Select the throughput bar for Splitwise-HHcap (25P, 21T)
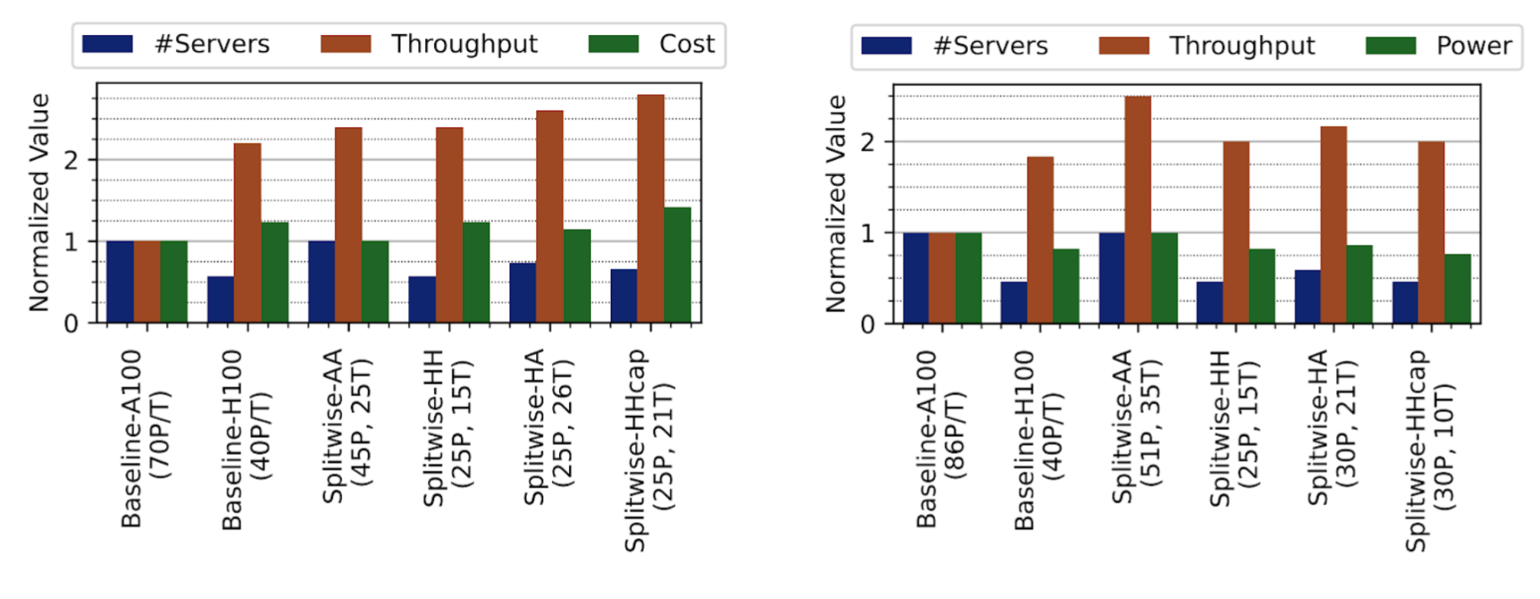tap(650, 209)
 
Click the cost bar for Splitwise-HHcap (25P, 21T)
tap(677, 265)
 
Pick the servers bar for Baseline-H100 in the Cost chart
tap(220, 299)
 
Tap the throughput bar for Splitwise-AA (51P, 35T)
tap(1137, 210)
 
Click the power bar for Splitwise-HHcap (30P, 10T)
tap(1457, 290)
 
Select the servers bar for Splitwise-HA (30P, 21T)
tap(1307, 297)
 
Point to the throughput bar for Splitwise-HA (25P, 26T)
tap(549, 217)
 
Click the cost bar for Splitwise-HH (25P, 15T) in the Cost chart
tap(476, 273)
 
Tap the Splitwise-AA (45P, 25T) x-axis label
tap(347, 427)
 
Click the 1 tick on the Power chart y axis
tap(867, 233)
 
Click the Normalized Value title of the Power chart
tap(835, 203)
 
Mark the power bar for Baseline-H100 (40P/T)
tap(1066, 287)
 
